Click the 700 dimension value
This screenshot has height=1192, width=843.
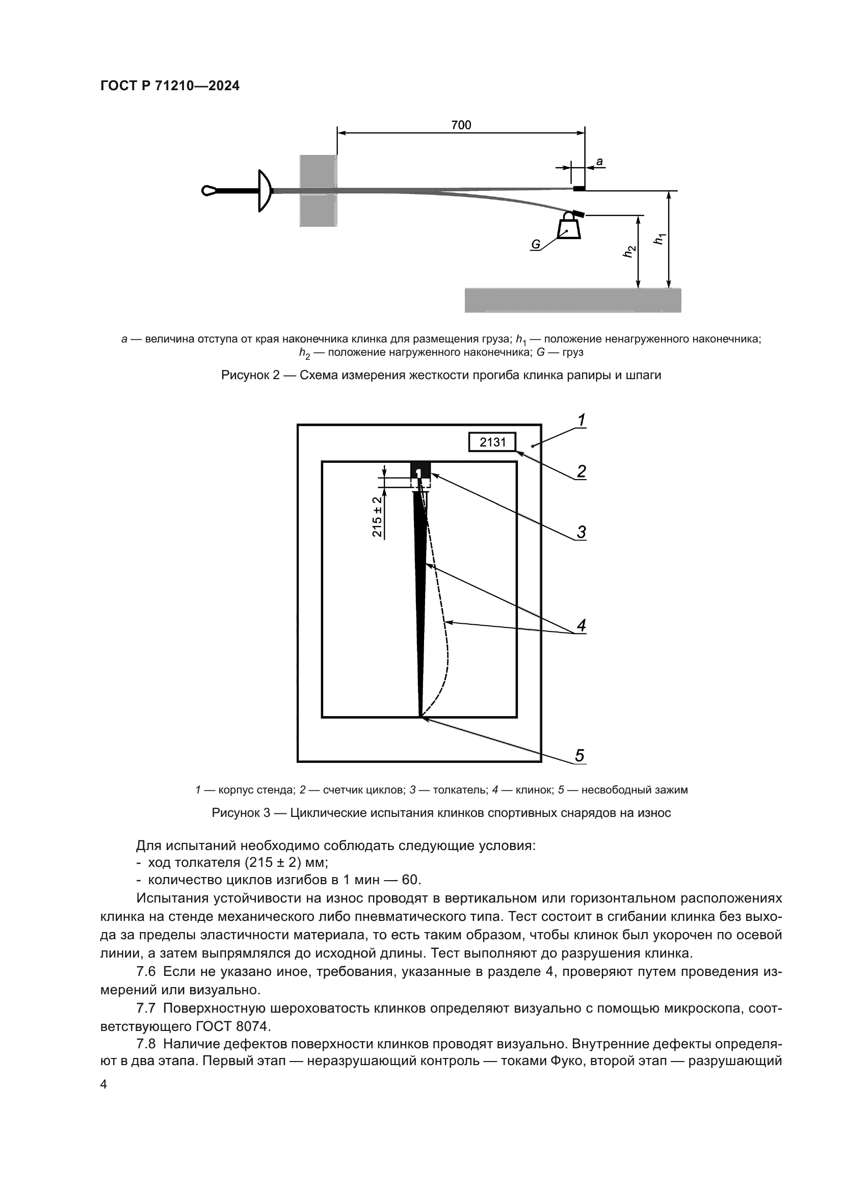pyautogui.click(x=461, y=125)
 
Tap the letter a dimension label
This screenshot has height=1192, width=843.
pyautogui.click(x=599, y=162)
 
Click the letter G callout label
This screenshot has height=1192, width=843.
pyautogui.click(x=536, y=245)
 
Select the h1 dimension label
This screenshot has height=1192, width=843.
pyautogui.click(x=660, y=239)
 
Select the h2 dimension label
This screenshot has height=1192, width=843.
pyautogui.click(x=629, y=251)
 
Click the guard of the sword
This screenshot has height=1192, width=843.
pyautogui.click(x=265, y=191)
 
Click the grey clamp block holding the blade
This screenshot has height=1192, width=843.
pyautogui.click(x=318, y=191)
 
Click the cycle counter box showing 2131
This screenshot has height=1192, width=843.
pyautogui.click(x=492, y=442)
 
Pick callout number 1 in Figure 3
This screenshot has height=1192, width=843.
pyautogui.click(x=582, y=420)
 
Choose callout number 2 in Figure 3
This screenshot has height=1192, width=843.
pyautogui.click(x=582, y=471)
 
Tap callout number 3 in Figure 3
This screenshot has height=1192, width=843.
pyautogui.click(x=582, y=532)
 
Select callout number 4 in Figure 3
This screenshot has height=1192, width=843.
pyautogui.click(x=582, y=625)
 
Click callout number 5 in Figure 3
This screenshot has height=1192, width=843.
pyautogui.click(x=580, y=755)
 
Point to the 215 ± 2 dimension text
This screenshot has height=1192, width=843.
pyautogui.click(x=377, y=517)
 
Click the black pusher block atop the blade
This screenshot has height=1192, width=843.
pyautogui.click(x=420, y=470)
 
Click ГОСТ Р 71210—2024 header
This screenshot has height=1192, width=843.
pyautogui.click(x=170, y=86)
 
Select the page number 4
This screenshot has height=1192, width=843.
pyautogui.click(x=103, y=1084)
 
